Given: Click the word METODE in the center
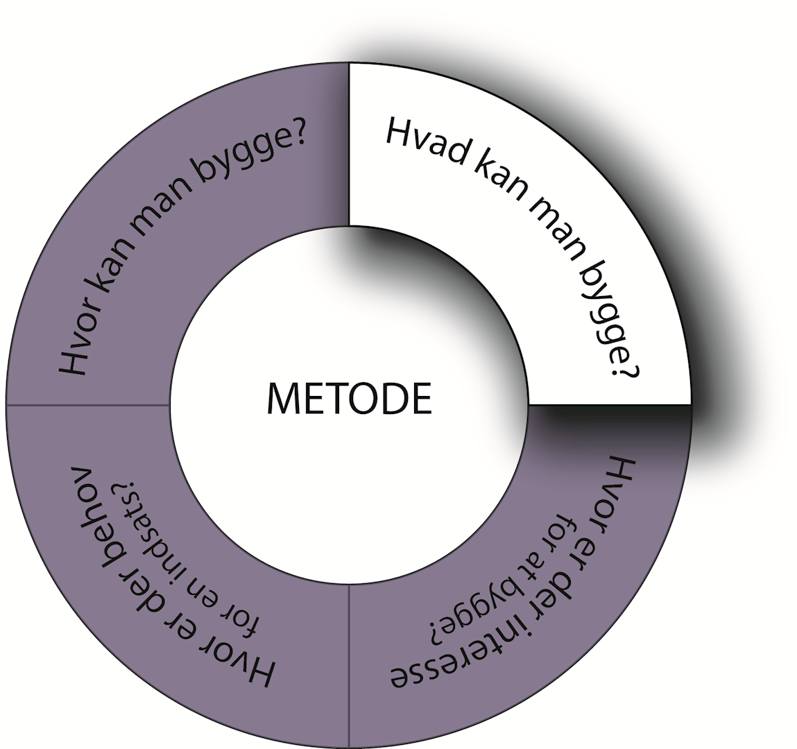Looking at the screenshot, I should click(x=349, y=399).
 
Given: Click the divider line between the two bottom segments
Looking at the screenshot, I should click(x=349, y=666).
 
